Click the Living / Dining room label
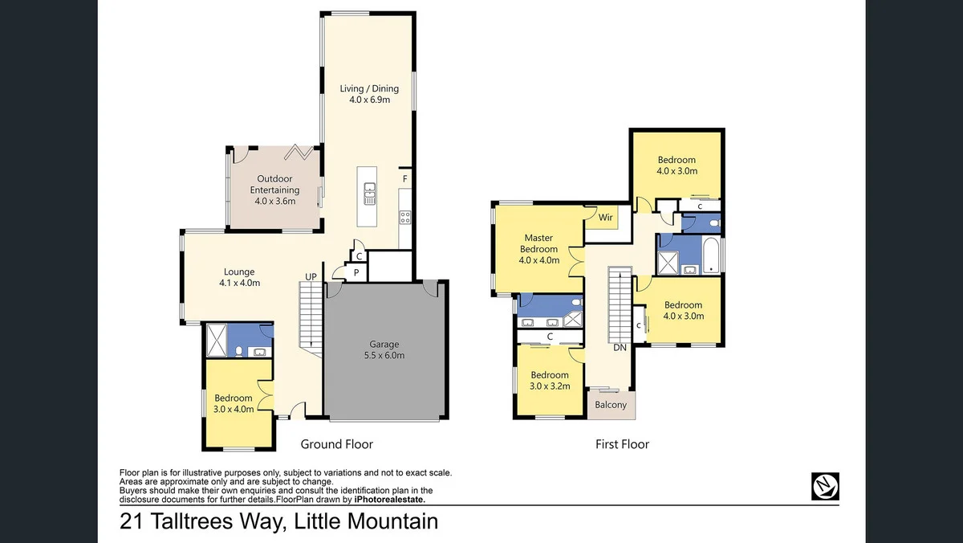(369, 94)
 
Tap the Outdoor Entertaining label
(274, 190)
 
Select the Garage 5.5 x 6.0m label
(385, 349)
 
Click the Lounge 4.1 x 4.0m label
(239, 277)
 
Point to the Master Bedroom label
(538, 249)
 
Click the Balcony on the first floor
(611, 405)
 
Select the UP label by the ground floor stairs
(311, 277)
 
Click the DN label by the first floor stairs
(620, 348)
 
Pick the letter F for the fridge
(405, 178)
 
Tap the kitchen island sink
(369, 190)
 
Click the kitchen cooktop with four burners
(405, 215)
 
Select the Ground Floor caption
(336, 444)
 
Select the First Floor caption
(622, 444)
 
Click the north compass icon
(825, 484)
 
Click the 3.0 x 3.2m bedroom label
(549, 380)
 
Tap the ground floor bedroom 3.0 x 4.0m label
(234, 403)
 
